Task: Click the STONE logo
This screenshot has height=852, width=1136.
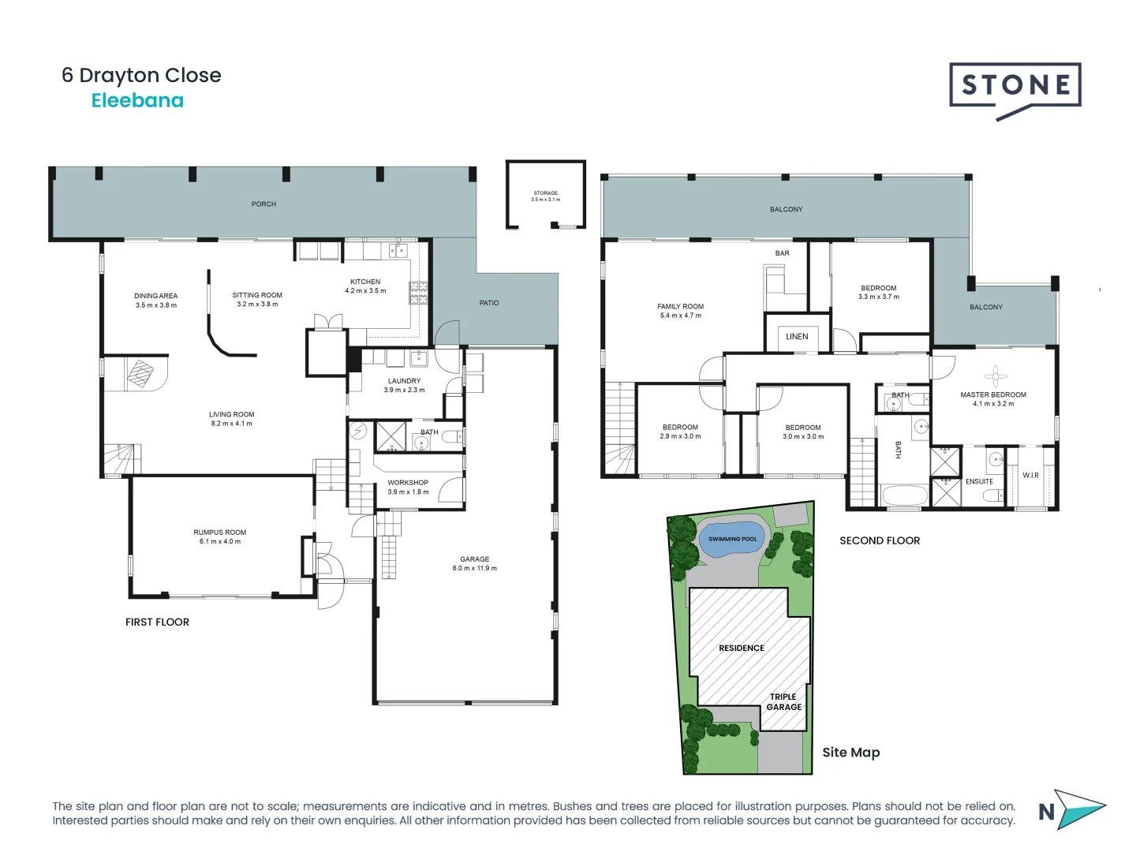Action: pyautogui.click(x=1015, y=86)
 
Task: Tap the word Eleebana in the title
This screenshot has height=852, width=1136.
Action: pyautogui.click(x=137, y=101)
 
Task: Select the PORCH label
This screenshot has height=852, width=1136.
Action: pyautogui.click(x=263, y=204)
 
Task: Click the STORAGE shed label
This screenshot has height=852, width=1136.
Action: pyautogui.click(x=545, y=193)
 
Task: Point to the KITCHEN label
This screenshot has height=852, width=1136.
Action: pyautogui.click(x=365, y=282)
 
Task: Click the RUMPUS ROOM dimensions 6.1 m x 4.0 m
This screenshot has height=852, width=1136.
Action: pyautogui.click(x=220, y=542)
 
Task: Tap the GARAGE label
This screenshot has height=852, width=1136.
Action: pyautogui.click(x=474, y=559)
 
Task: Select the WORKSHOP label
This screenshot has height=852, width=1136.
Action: pyautogui.click(x=408, y=483)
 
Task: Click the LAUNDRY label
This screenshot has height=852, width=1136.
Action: pyautogui.click(x=404, y=381)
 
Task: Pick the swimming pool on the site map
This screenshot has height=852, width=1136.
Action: pyautogui.click(x=733, y=540)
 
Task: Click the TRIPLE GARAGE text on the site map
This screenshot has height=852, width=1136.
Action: pyautogui.click(x=783, y=702)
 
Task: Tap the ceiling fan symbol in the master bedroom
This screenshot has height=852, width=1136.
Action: pyautogui.click(x=995, y=376)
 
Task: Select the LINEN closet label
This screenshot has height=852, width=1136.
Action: pyautogui.click(x=797, y=337)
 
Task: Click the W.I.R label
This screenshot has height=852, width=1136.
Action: pyautogui.click(x=1030, y=476)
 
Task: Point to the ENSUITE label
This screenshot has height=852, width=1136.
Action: pyautogui.click(x=979, y=482)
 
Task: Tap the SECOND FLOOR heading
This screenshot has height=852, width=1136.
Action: pyautogui.click(x=880, y=541)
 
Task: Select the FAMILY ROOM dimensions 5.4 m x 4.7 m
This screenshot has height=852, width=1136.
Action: pyautogui.click(x=681, y=316)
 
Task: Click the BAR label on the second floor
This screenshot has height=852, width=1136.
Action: pyautogui.click(x=782, y=253)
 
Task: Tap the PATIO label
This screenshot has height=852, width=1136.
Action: pyautogui.click(x=489, y=303)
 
